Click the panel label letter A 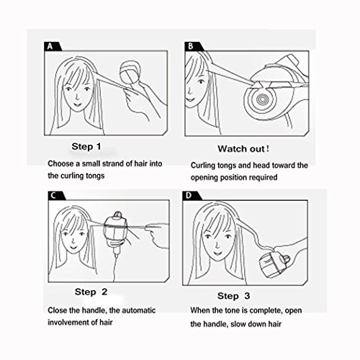[x=50, y=46]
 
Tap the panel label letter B [x=191, y=46]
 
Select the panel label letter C [x=53, y=195]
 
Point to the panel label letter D [x=189, y=195]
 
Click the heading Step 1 [x=86, y=146]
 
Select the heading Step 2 [x=91, y=292]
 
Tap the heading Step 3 [x=233, y=296]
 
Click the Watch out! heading [x=243, y=149]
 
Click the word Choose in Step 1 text [x=60, y=163]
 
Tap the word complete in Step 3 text [x=266, y=310]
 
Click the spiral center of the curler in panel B [x=261, y=98]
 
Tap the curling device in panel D [x=274, y=264]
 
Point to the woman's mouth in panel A [x=77, y=104]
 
